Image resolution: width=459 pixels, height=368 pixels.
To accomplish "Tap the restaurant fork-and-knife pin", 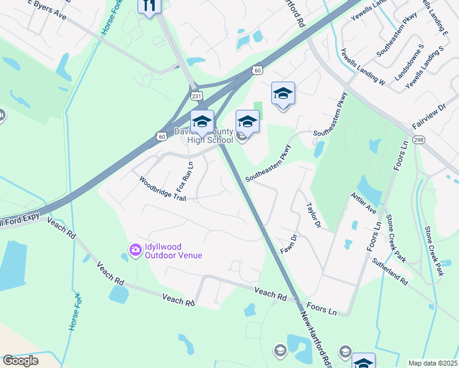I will pos(149,6).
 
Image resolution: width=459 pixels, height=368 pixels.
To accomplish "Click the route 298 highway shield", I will pos(419,140).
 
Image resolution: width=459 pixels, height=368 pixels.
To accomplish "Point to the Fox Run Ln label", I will pos(190,175).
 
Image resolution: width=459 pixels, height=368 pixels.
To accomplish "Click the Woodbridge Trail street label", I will pos(162,188).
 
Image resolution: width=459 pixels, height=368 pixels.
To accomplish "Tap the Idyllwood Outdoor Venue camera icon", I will pos(134,248).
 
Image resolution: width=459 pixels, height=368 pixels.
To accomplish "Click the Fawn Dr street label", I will pos(288,245).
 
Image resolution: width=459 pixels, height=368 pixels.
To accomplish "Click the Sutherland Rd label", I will pos(390,271).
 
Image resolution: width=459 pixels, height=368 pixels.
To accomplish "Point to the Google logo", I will pos(20,361).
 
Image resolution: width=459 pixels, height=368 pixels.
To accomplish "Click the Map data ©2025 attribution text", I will pos(433,363).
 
